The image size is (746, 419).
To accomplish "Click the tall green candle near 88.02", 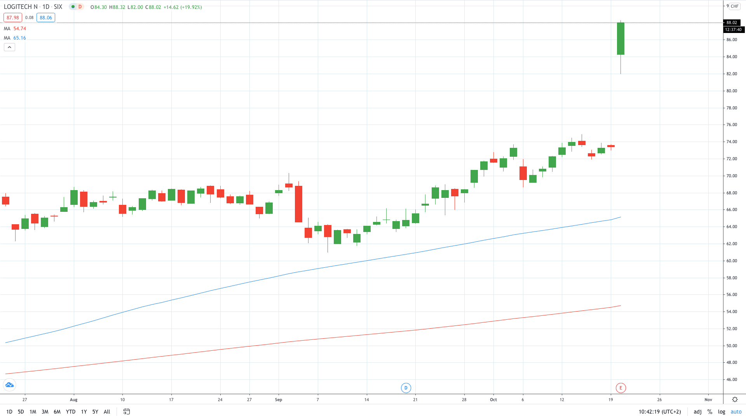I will click(621, 39).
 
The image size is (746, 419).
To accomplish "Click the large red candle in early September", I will click(298, 204).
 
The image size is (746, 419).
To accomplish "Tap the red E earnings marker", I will click(621, 388).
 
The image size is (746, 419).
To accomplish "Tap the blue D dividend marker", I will click(406, 388).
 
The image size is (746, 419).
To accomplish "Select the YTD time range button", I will click(70, 412).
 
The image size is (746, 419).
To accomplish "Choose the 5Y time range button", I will click(95, 412).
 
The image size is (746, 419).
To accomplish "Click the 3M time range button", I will click(45, 412).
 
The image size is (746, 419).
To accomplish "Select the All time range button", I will click(107, 412).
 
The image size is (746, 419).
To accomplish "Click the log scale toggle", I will click(722, 412).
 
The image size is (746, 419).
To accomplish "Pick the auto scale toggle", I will click(736, 412).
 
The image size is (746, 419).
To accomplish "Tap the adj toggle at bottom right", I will click(698, 412).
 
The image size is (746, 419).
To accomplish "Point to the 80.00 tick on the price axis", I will click(732, 91).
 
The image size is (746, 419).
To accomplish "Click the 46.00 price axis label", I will click(732, 379).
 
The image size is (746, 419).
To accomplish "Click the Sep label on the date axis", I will click(278, 400).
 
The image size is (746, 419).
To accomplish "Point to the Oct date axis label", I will click(493, 400).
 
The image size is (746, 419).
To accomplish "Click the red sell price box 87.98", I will click(13, 17).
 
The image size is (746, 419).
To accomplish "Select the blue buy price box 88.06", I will click(46, 17).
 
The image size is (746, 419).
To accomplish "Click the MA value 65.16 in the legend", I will click(19, 38).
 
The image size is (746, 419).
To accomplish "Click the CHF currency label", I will click(734, 6).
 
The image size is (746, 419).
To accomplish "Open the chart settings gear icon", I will click(735, 400).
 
